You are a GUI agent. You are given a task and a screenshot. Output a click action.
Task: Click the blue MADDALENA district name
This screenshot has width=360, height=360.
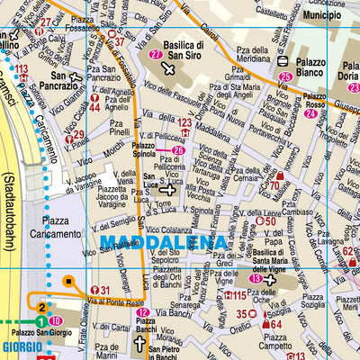164,242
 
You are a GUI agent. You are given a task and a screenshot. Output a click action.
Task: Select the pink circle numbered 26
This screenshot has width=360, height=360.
178,150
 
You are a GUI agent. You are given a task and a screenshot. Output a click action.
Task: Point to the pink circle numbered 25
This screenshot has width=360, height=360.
285,78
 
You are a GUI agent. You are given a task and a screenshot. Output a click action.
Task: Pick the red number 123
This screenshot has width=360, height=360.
184,122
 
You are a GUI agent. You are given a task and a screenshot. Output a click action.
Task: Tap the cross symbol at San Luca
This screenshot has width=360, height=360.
168,188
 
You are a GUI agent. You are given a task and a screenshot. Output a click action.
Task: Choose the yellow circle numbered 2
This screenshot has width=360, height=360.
40,309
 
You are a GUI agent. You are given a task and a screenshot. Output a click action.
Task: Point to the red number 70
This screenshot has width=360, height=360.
277,187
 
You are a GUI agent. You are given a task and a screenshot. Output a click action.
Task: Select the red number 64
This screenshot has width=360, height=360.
276,326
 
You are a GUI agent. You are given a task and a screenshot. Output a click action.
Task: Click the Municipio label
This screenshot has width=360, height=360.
321,16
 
